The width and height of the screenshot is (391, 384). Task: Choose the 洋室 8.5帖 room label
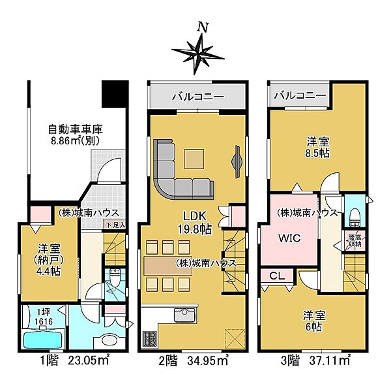[x=317, y=148]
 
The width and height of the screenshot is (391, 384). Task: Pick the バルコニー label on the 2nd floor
[x=198, y=97]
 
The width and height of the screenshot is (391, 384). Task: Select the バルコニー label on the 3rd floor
[x=299, y=96]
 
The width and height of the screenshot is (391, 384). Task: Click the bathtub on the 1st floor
[x=41, y=340]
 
